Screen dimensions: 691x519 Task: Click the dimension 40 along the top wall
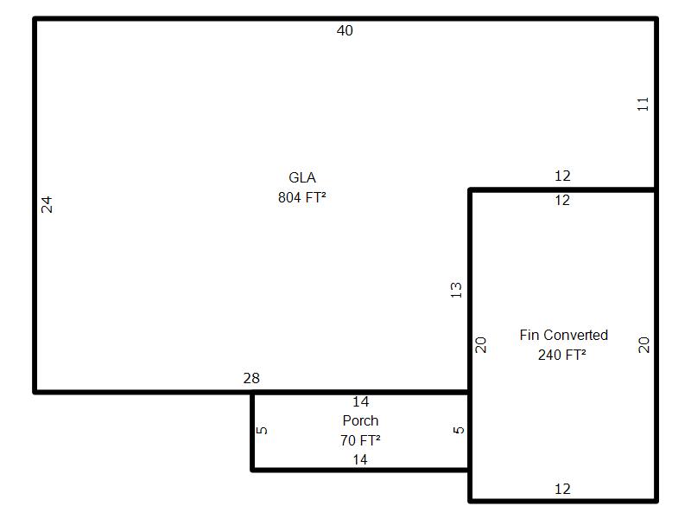click(345, 30)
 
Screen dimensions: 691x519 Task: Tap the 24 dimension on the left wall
click(47, 204)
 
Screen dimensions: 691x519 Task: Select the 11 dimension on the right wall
click(643, 104)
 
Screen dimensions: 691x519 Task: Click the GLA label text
click(301, 177)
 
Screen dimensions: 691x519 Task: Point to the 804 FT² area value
click(301, 197)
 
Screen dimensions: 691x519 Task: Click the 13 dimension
click(456, 290)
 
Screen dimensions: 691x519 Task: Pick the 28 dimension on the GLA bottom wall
click(251, 378)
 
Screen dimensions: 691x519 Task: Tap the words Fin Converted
click(564, 335)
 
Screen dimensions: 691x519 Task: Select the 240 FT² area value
click(562, 355)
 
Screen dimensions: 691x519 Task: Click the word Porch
click(360, 420)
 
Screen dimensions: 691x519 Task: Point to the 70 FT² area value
click(360, 440)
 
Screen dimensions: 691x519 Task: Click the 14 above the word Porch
click(360, 401)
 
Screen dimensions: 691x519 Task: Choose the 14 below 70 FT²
click(360, 460)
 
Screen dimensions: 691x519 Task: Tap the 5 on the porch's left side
click(262, 430)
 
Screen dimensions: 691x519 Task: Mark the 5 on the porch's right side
click(459, 430)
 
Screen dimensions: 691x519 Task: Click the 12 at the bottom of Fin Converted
click(562, 489)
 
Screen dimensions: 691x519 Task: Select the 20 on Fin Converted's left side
click(480, 344)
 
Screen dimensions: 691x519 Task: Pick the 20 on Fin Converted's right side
click(643, 344)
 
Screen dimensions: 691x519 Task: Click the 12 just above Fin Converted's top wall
click(562, 176)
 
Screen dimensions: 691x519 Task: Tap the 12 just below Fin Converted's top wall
click(562, 201)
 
